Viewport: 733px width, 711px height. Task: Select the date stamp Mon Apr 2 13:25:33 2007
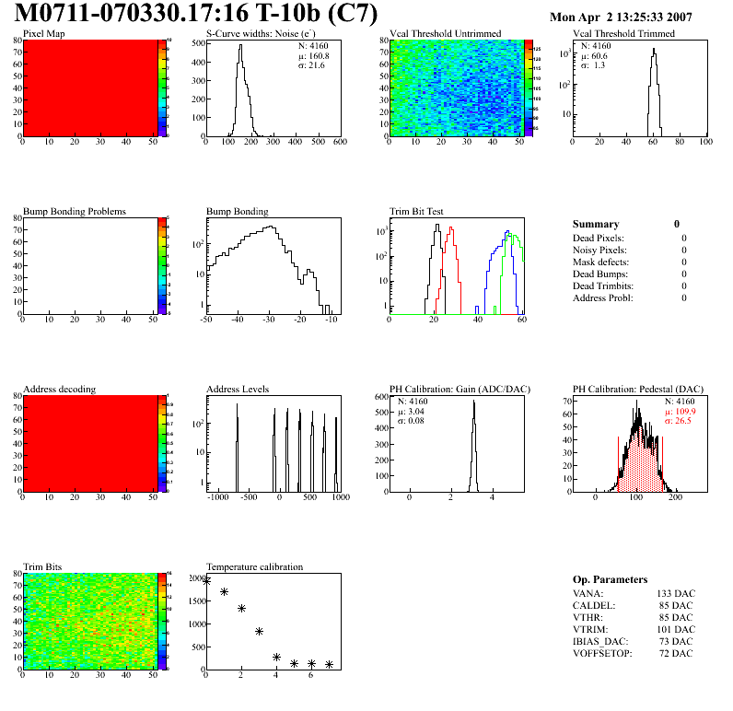click(620, 17)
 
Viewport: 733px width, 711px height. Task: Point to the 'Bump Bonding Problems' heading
click(74, 212)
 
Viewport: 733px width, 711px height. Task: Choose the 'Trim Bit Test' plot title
click(417, 212)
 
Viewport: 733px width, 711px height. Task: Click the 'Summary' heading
click(596, 224)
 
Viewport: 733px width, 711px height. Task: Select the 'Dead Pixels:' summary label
click(599, 238)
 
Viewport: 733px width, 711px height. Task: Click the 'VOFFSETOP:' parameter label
click(604, 653)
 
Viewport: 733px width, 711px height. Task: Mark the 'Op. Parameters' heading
click(610, 579)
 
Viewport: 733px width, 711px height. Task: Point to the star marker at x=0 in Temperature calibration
click(206, 580)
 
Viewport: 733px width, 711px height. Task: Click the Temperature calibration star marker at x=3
click(259, 632)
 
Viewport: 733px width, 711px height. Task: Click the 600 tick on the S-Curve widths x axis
click(339, 142)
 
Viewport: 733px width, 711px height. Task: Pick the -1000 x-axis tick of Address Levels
click(218, 497)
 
